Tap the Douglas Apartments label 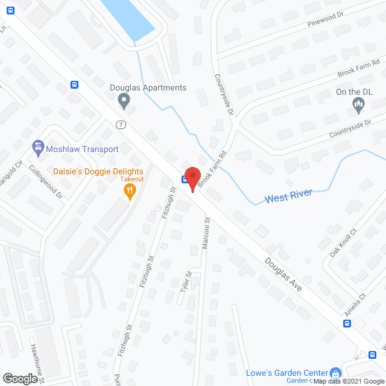[x=148, y=88]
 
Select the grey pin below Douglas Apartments [x=124, y=101]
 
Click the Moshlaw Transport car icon [x=37, y=148]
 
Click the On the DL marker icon [x=358, y=106]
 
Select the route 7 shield [x=121, y=125]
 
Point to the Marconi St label [x=206, y=232]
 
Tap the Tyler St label [x=186, y=282]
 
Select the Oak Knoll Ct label [x=343, y=243]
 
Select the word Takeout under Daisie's [x=131, y=179]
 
